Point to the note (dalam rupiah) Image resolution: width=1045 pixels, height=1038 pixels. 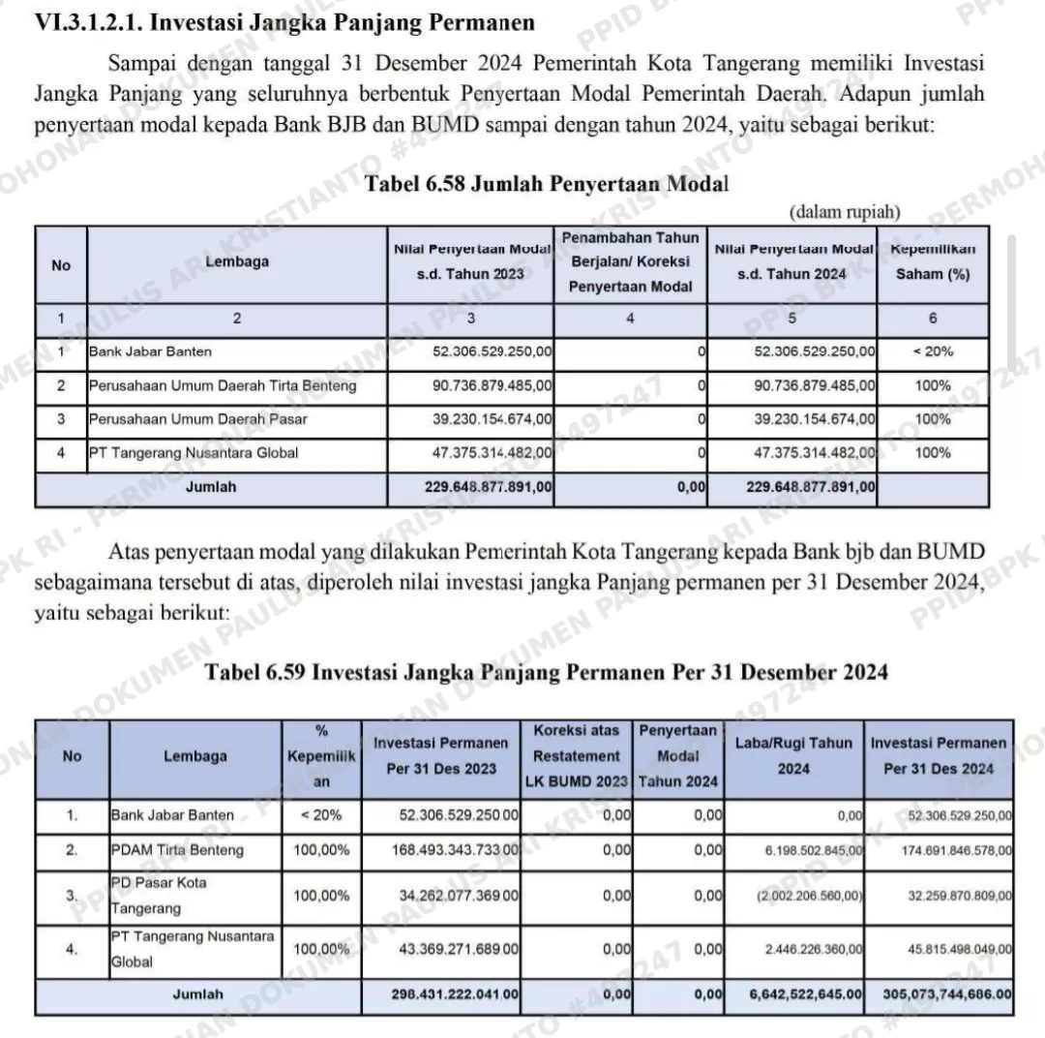tap(845, 211)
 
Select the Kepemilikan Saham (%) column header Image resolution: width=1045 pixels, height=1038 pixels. tap(932, 261)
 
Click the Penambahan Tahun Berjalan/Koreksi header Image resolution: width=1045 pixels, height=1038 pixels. tap(630, 261)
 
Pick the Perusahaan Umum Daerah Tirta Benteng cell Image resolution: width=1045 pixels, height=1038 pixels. tap(223, 385)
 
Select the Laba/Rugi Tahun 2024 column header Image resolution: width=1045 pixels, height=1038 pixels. tap(793, 756)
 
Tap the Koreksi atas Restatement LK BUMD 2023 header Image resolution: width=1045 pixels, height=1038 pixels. tap(576, 756)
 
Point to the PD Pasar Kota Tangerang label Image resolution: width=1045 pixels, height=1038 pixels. tap(158, 896)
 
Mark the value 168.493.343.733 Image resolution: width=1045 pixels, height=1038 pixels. tap(459, 850)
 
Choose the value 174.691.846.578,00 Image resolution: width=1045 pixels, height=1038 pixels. tap(959, 850)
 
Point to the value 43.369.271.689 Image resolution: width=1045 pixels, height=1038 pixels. tap(459, 949)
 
